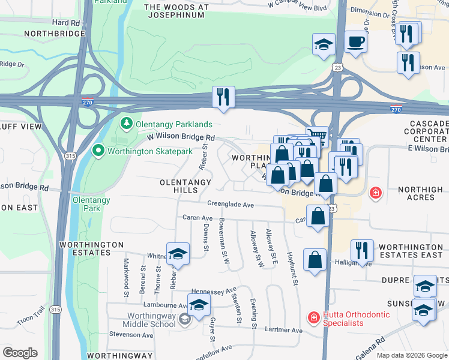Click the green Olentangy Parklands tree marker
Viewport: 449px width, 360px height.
point(126,124)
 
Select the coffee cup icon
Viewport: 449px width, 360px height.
point(355,41)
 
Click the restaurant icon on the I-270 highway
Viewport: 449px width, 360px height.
point(224,97)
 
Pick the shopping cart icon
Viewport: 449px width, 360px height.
point(318,136)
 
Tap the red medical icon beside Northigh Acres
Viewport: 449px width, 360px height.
point(376,193)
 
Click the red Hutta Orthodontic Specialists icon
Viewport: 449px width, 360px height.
point(313,318)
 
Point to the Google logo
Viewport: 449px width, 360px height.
point(20,353)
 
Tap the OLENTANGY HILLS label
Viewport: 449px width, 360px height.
point(185,186)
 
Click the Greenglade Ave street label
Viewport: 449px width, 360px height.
point(231,205)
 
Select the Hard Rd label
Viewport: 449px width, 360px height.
point(65,22)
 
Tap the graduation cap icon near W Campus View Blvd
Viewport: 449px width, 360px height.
point(324,44)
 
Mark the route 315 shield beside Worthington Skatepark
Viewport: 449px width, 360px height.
point(71,156)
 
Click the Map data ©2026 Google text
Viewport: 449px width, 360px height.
point(411,355)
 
